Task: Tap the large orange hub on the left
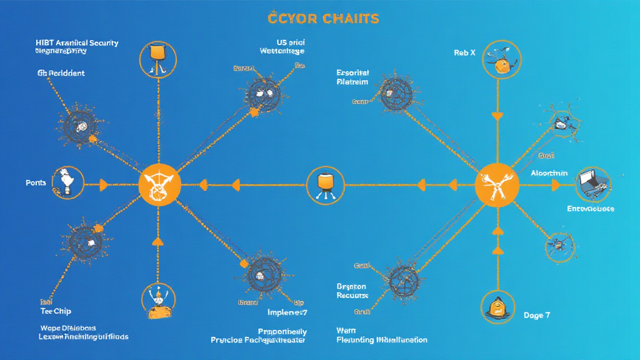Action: [159, 185]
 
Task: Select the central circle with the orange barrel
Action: [325, 185]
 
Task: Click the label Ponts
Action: [36, 183]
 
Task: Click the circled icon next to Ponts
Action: [67, 183]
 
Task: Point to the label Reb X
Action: [464, 53]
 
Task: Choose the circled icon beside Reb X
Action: [500, 60]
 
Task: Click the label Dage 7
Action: [536, 316]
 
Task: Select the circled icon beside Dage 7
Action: [497, 306]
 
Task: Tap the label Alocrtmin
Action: [549, 173]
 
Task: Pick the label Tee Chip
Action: [56, 311]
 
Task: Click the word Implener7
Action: [287, 312]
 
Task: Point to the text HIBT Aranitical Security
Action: [77, 43]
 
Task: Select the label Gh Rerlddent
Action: [61, 73]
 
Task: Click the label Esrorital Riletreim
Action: [352, 77]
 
